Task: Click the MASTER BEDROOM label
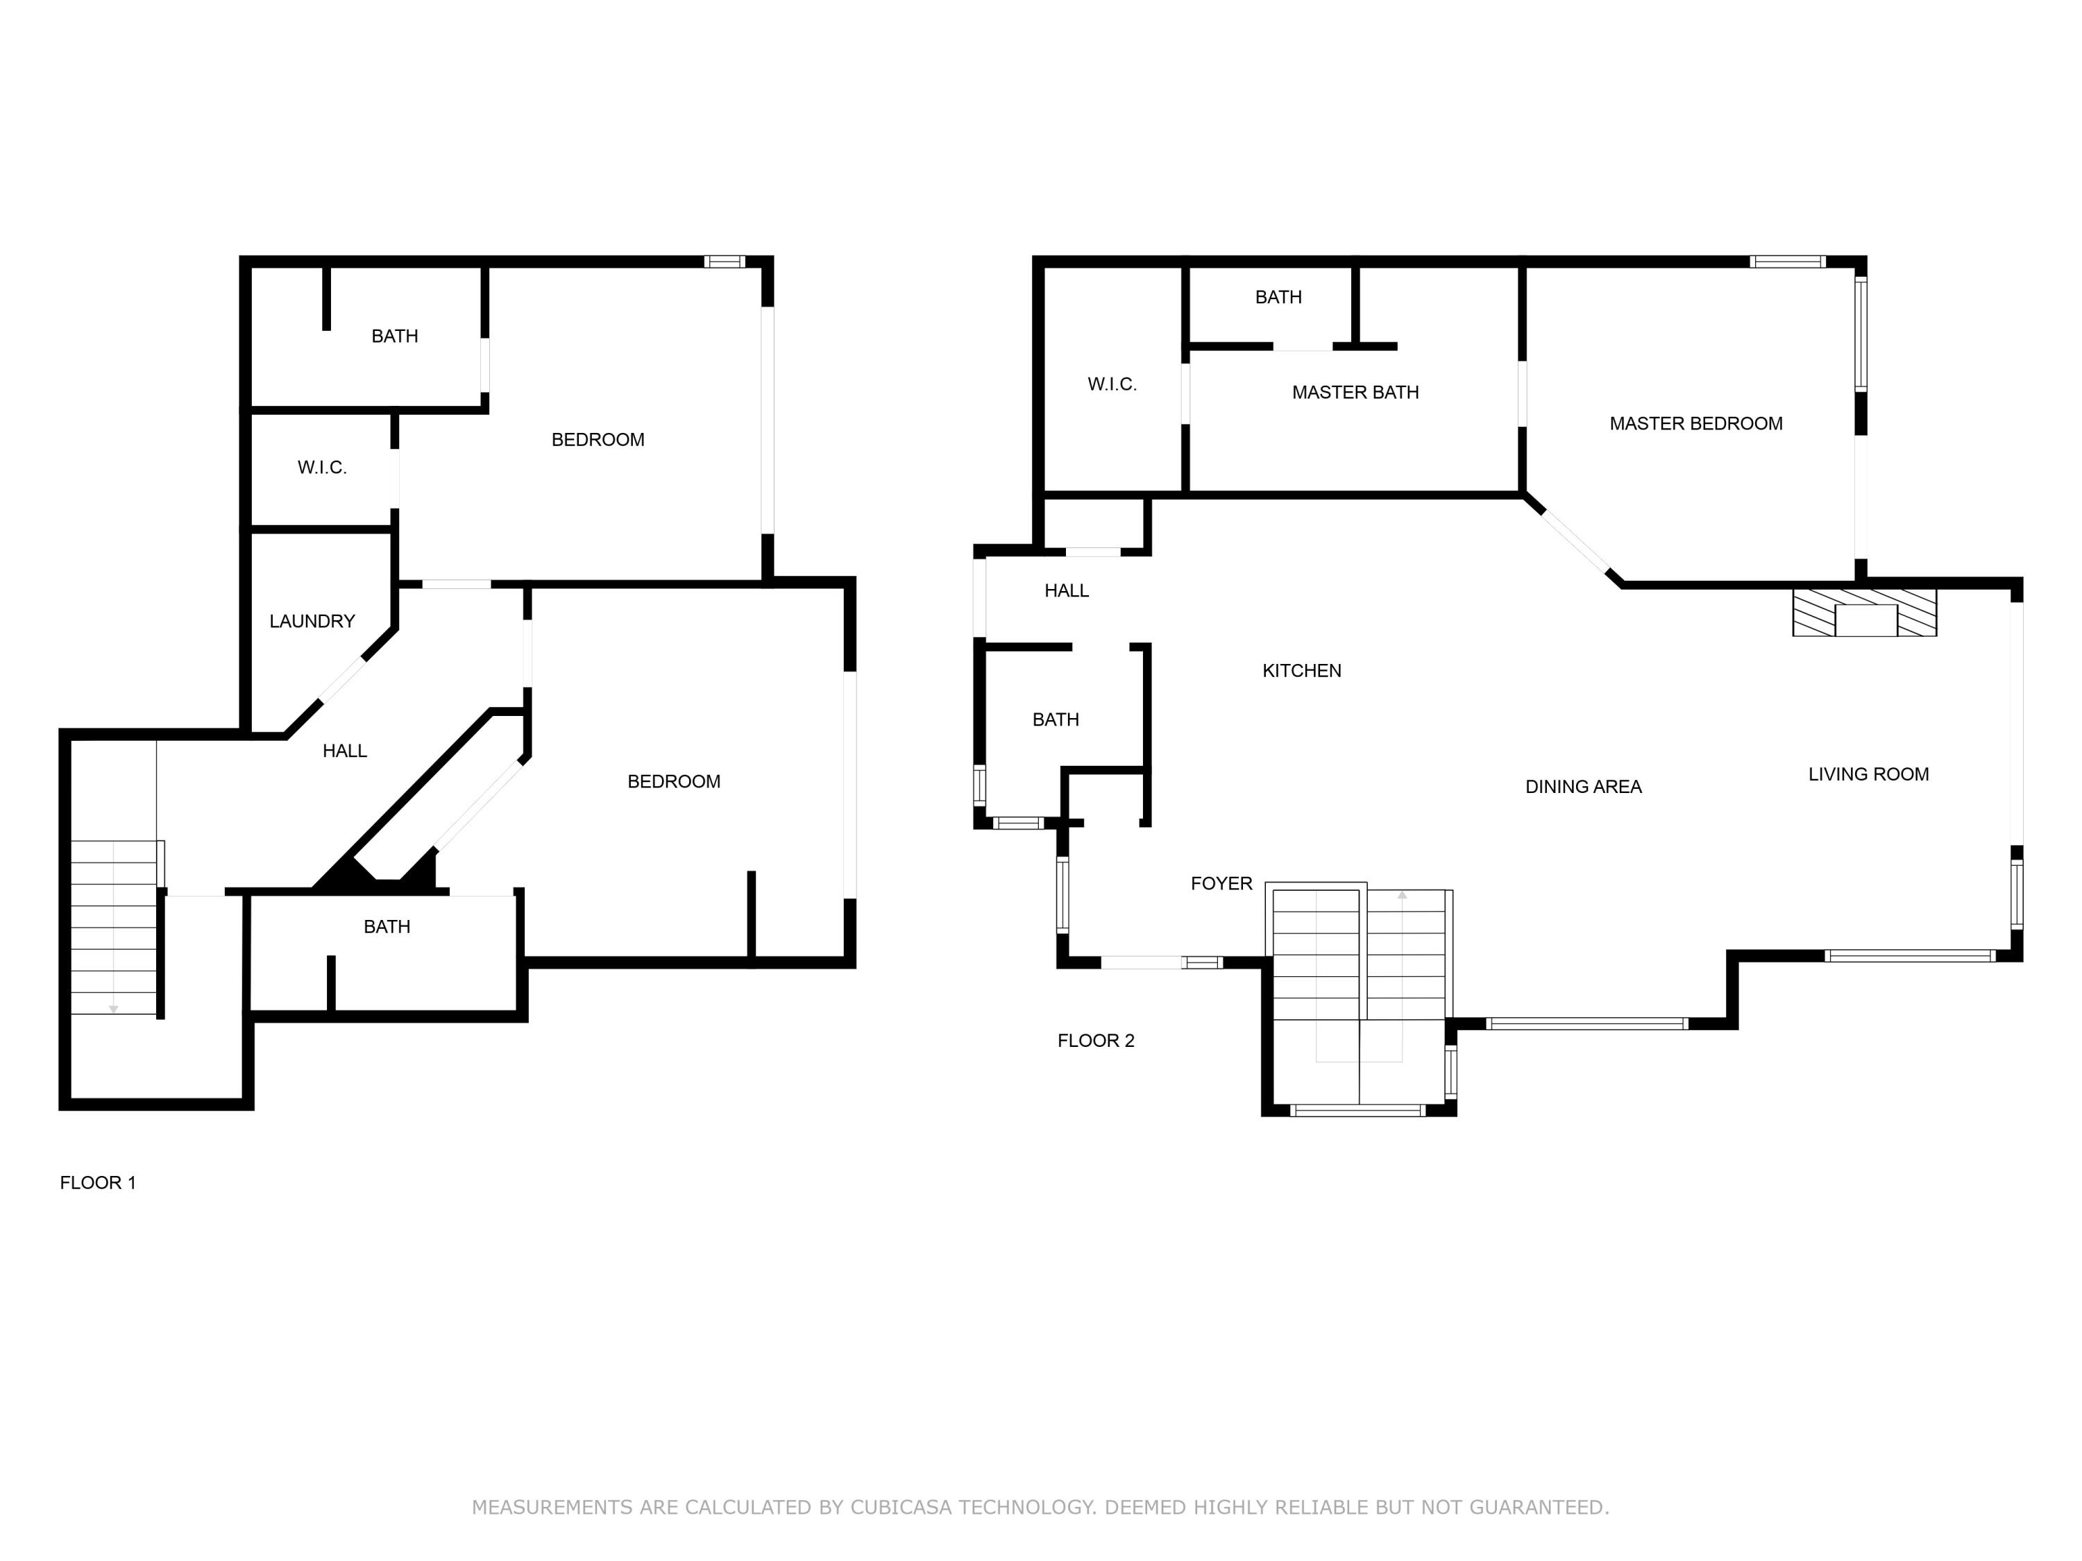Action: click(1695, 423)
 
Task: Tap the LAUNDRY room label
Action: click(312, 621)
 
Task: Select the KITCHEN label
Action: click(1301, 671)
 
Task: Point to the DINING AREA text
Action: click(1583, 787)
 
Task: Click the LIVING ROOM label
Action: click(1868, 774)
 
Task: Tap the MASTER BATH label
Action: click(1355, 393)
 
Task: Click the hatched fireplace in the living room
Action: click(1863, 613)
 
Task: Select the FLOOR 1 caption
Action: click(98, 1183)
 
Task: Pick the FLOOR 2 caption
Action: click(1096, 1041)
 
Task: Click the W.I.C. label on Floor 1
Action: click(322, 468)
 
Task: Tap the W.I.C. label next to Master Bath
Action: click(1112, 384)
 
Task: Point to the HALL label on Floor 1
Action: click(344, 751)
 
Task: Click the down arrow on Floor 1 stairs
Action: click(113, 1009)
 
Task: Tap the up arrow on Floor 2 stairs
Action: click(1401, 896)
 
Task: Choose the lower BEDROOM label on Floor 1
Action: click(673, 782)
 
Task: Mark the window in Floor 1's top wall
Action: click(724, 262)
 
